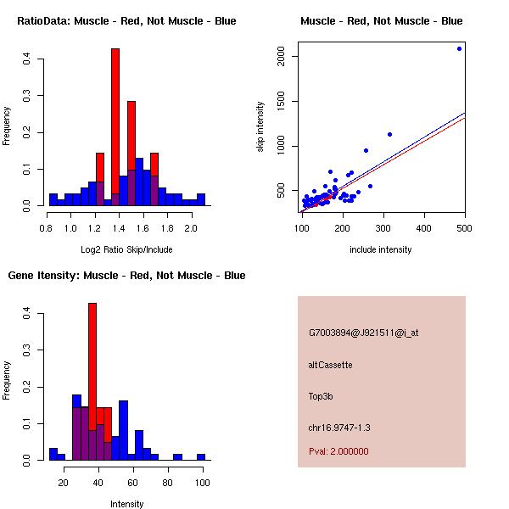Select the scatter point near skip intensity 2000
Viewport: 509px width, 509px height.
click(x=459, y=48)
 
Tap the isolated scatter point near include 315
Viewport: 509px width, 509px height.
click(x=389, y=134)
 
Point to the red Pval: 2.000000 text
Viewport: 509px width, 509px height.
click(x=338, y=451)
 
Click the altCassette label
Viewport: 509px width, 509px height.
click(x=330, y=365)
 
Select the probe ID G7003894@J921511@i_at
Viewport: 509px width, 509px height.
click(x=363, y=333)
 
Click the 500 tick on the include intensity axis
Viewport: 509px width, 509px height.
click(x=464, y=227)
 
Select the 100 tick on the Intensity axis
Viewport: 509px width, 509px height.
click(x=202, y=482)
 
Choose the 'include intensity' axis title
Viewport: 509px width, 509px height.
click(x=381, y=249)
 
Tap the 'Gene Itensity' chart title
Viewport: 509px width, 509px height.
click(x=126, y=276)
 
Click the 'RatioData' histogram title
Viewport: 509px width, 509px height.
click(x=126, y=21)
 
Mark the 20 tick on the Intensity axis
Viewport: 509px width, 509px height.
click(x=62, y=482)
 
